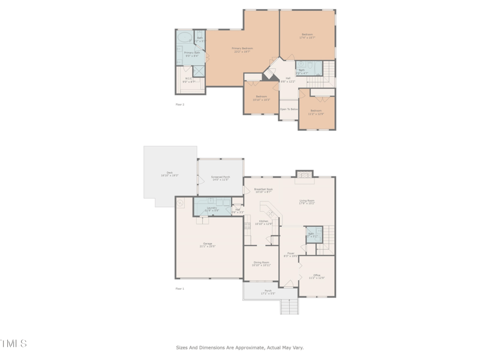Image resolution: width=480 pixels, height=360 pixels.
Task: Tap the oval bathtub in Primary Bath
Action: click(x=185, y=37)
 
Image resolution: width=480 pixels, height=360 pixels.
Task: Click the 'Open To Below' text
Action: click(x=289, y=109)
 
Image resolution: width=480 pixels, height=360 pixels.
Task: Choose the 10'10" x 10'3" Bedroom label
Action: click(x=261, y=98)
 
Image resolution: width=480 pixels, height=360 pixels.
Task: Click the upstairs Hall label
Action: click(x=288, y=79)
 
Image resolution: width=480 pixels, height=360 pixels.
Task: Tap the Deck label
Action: click(x=170, y=174)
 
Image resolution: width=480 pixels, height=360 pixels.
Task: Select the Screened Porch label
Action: click(x=220, y=178)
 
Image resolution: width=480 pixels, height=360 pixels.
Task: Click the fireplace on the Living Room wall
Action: click(x=305, y=175)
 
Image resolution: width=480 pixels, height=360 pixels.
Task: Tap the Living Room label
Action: click(x=307, y=202)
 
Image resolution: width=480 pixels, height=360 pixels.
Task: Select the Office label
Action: click(x=316, y=276)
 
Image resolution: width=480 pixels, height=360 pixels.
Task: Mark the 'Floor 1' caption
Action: click(x=179, y=289)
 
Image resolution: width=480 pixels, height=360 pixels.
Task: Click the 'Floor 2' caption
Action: click(x=179, y=104)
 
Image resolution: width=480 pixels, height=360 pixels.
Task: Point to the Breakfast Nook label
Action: click(x=263, y=190)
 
